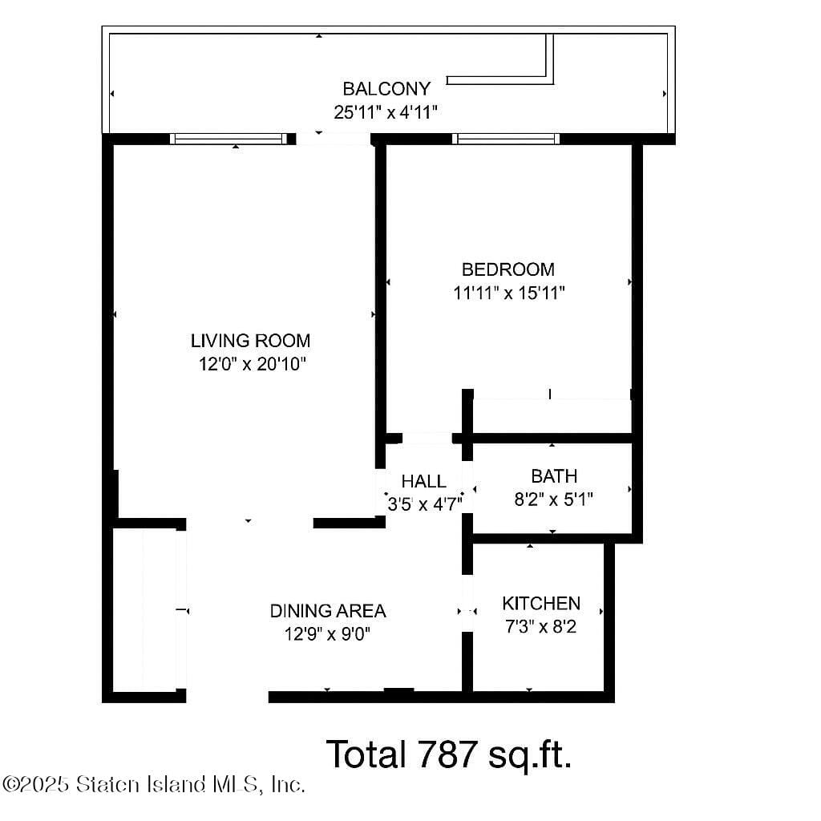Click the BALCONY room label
point(386,88)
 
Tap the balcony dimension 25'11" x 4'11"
point(386,112)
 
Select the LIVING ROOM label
point(250,341)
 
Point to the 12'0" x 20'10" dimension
point(253,365)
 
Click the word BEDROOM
point(508,269)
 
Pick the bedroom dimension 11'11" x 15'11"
point(509,293)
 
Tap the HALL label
point(423,482)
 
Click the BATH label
point(553,477)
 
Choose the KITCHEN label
point(541,603)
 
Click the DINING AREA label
point(327,611)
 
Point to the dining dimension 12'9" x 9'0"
point(327,634)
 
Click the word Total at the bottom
point(366,754)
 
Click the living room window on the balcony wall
point(229,139)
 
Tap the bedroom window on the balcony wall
point(506,139)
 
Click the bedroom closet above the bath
point(552,417)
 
